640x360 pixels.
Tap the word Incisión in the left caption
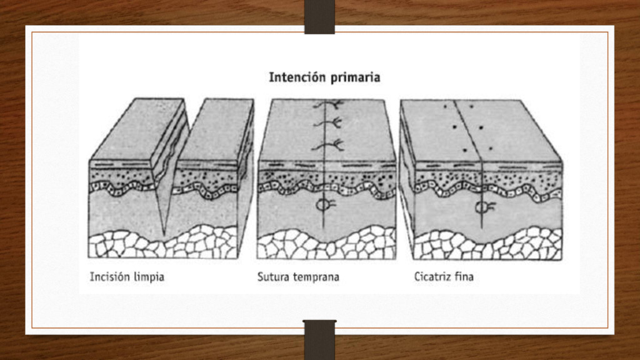click(x=109, y=276)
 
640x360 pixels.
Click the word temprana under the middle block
click(x=316, y=276)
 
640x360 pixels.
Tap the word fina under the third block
click(x=465, y=276)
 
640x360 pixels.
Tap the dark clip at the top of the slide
click(x=319, y=16)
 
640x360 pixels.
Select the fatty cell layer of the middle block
click(x=325, y=244)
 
